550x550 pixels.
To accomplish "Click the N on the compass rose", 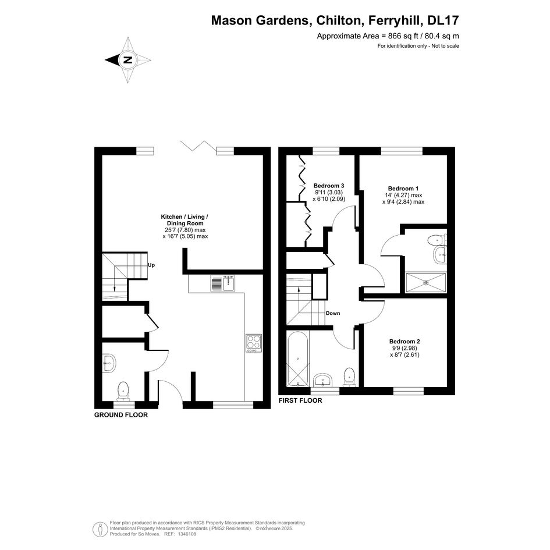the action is [129, 59].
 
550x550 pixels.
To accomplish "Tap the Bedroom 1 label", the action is [403, 189].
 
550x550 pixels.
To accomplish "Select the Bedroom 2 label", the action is [404, 341].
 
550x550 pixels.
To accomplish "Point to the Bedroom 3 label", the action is [329, 186].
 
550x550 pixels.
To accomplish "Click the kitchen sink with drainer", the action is [223, 283].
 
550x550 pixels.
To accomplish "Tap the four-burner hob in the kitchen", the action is [254, 343].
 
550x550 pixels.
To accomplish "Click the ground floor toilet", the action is [123, 391].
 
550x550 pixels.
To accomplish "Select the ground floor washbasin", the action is [109, 363].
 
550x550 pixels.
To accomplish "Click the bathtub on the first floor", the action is [298, 359].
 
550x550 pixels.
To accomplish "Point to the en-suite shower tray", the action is [426, 282].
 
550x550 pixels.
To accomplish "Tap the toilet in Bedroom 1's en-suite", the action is [437, 240].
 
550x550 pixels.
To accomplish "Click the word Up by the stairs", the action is [151, 265].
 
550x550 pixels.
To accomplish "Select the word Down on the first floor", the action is [333, 313].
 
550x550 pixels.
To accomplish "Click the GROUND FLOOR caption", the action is [121, 415].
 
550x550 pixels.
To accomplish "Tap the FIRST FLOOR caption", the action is [300, 400].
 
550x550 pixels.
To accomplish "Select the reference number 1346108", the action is [187, 534].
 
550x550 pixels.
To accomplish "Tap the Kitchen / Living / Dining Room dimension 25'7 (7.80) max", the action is [185, 230].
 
